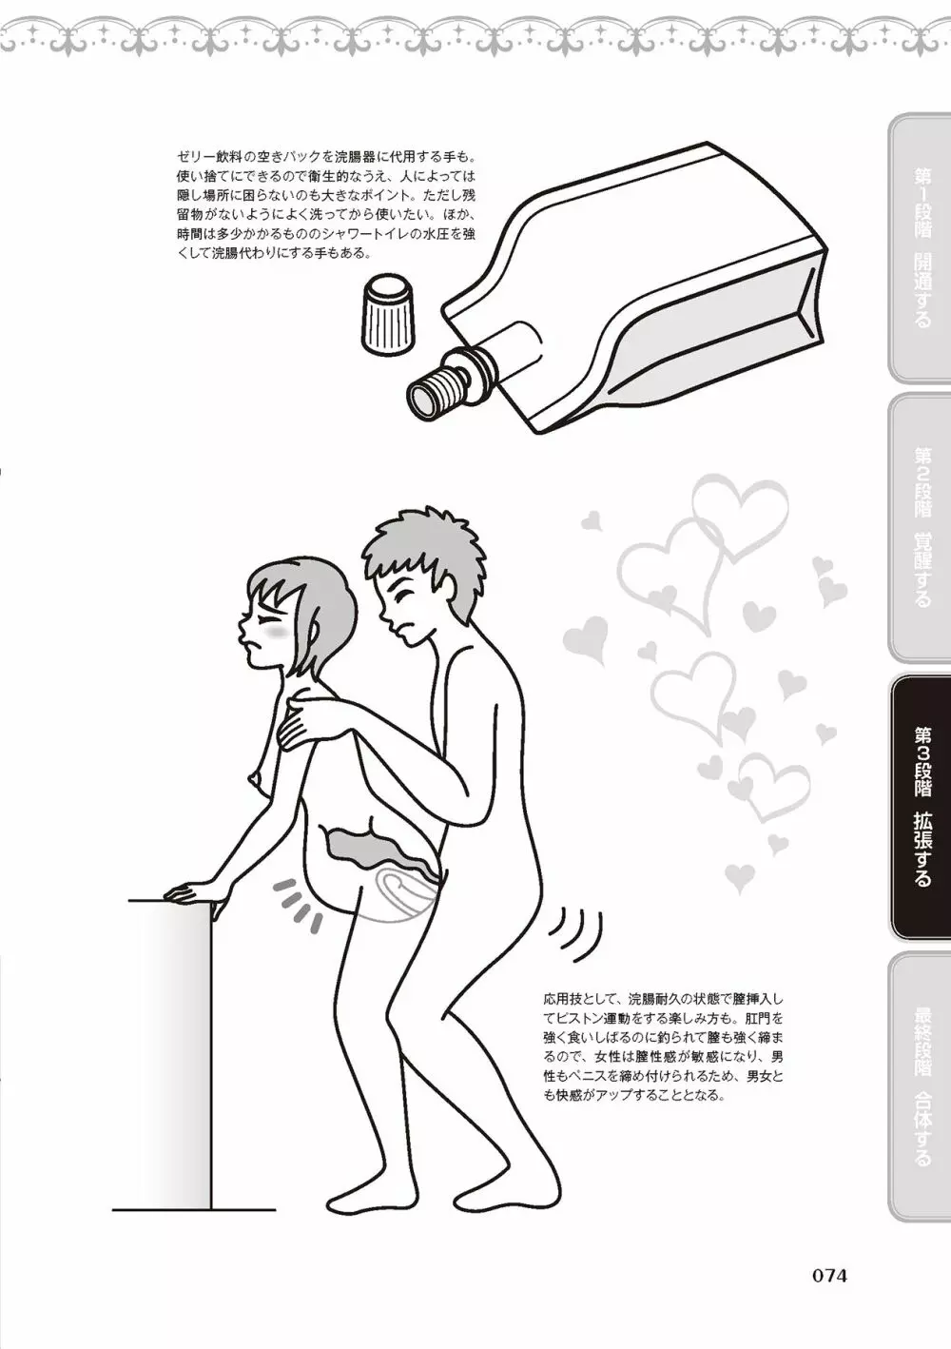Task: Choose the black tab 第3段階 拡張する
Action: (x=921, y=807)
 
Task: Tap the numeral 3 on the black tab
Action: (x=922, y=761)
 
